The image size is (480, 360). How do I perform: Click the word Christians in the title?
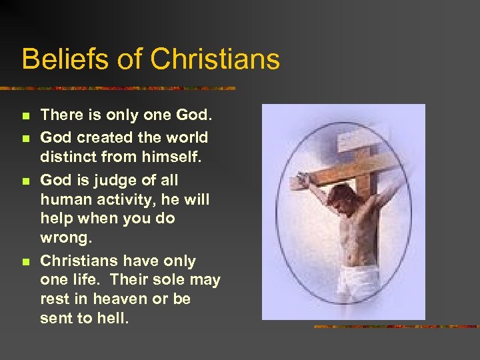point(215,59)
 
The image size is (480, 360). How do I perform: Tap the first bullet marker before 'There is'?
point(26,116)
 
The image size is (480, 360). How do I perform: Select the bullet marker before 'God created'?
point(26,138)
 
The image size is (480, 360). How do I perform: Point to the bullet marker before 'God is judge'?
point(26,181)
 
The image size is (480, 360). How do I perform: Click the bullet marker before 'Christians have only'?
point(26,262)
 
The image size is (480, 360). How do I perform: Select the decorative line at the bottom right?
point(396,327)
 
